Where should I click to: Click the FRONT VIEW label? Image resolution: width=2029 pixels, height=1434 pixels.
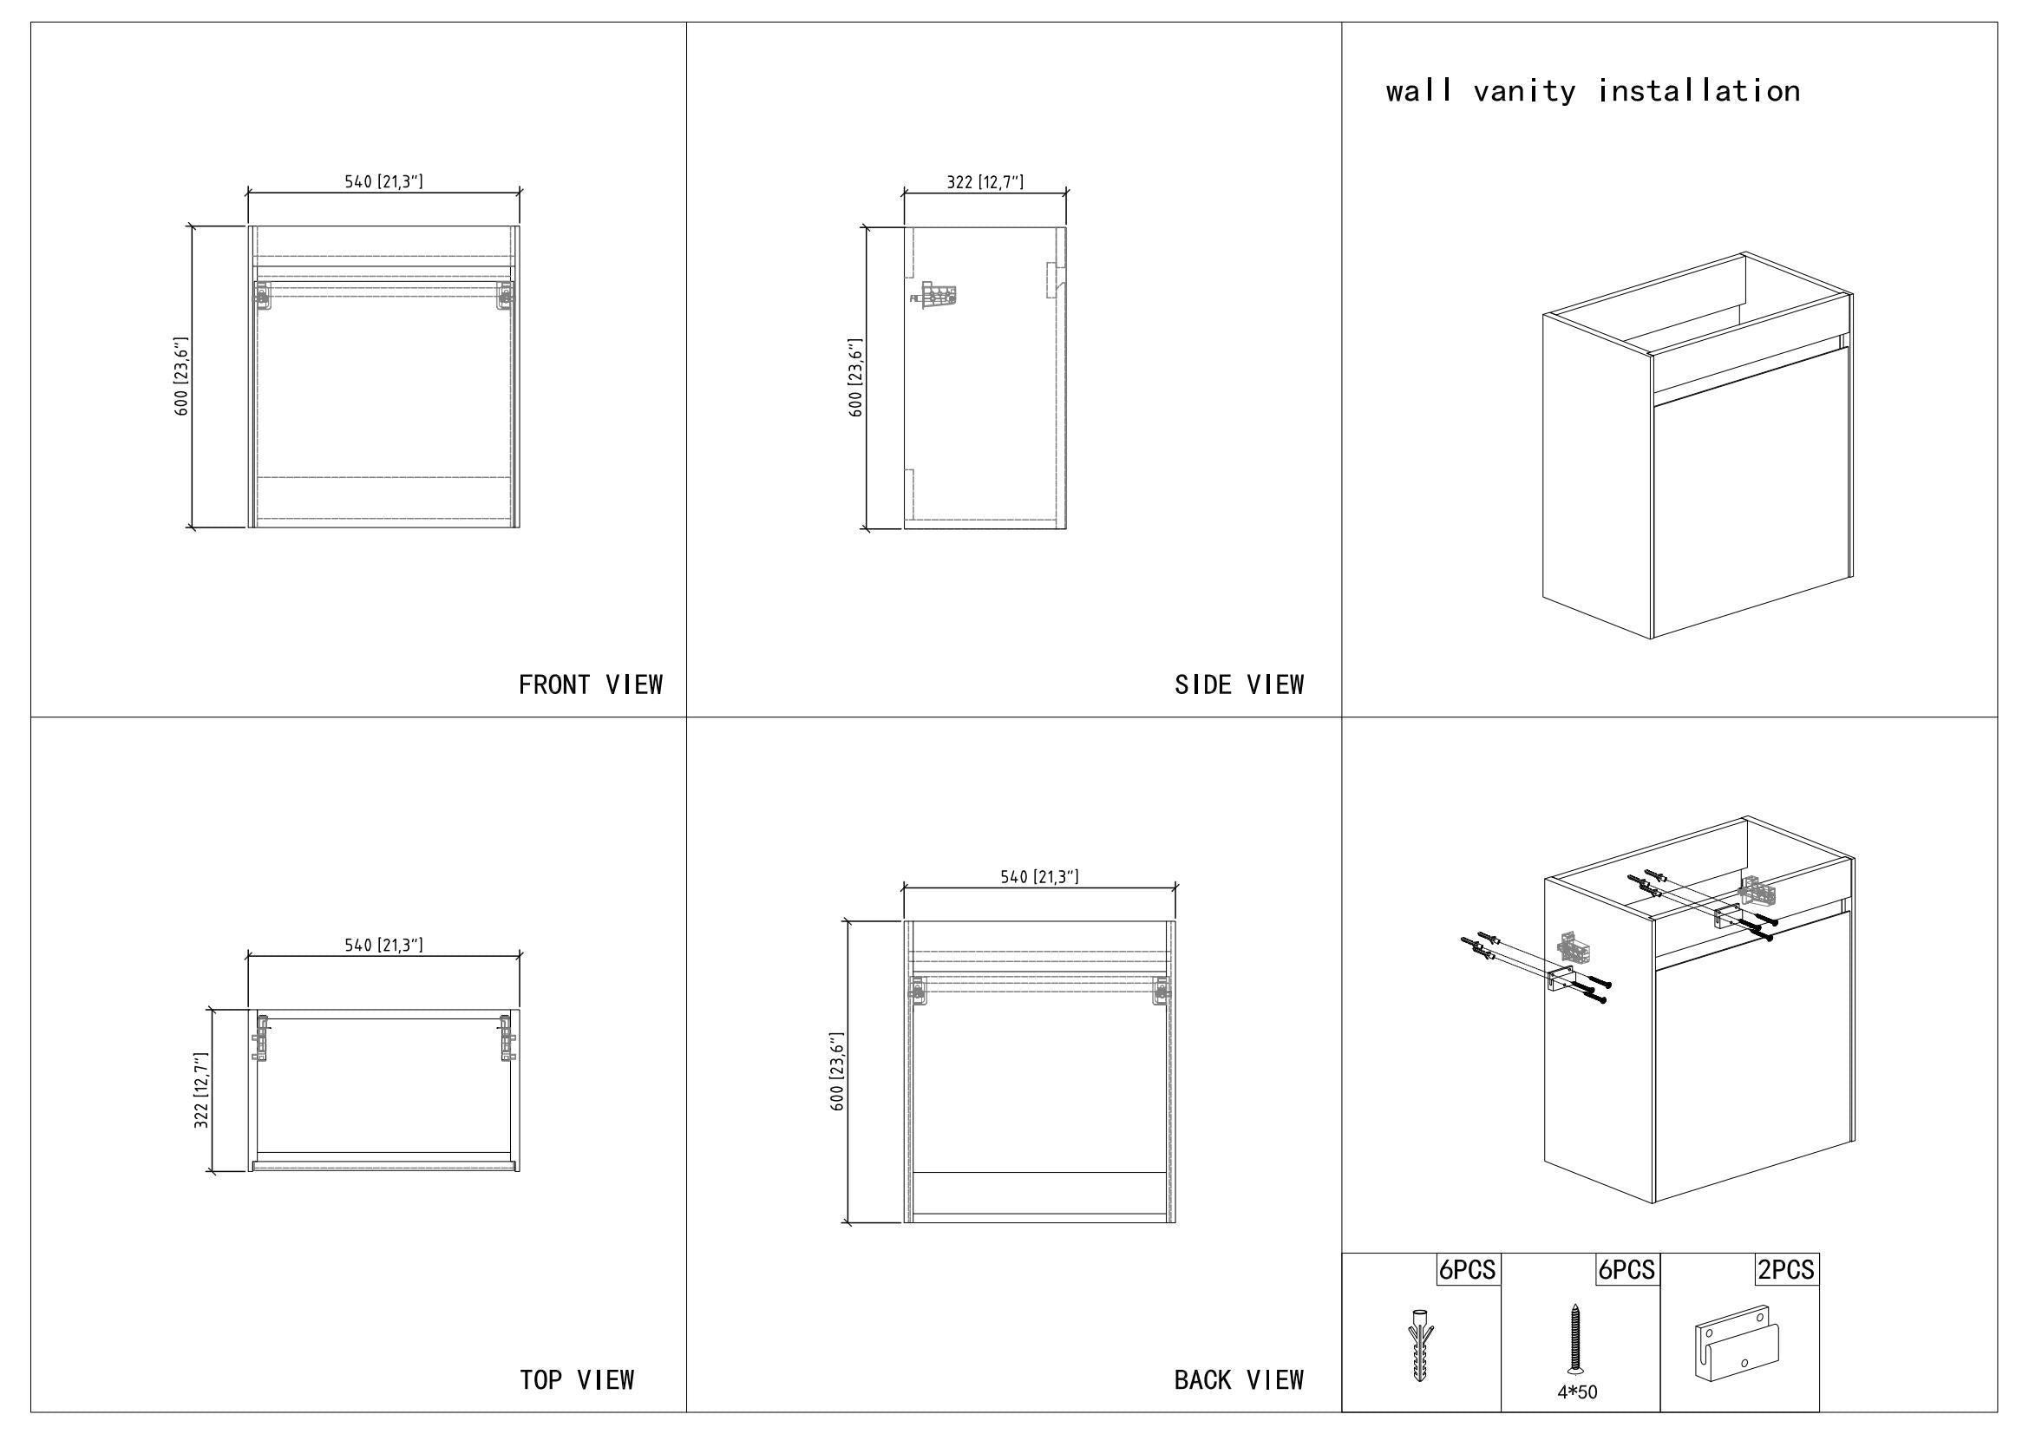coord(591,684)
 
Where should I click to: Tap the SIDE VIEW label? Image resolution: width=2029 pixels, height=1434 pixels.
coord(1239,684)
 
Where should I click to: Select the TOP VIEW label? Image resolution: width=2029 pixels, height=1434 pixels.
coord(576,1380)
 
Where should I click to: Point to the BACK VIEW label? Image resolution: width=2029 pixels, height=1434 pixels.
coord(1239,1380)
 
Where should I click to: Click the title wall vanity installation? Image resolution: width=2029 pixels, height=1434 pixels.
coord(1593,91)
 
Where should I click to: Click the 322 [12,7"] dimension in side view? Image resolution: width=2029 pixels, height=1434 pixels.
coord(985,182)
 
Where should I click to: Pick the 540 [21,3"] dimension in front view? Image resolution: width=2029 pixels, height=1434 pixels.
coord(383,182)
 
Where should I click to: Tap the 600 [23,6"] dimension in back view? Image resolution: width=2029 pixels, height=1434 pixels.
coord(838,1071)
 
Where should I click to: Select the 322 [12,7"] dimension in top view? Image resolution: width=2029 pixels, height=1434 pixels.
coord(201,1090)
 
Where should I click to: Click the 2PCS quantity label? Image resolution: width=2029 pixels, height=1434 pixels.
coord(1785,1270)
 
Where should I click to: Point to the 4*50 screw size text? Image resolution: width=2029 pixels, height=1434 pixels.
coord(1577,1392)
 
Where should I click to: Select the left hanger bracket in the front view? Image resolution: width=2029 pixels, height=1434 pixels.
coord(262,294)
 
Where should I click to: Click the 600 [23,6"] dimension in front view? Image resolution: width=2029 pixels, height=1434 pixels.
coord(181,377)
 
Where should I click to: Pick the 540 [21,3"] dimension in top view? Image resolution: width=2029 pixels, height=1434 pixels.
coord(383,946)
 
